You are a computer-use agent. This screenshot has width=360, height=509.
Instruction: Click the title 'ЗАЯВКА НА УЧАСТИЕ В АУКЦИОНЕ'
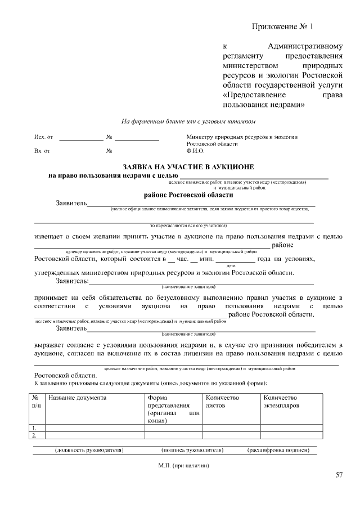[188, 167]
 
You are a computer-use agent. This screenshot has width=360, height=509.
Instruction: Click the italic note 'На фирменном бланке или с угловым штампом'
[188, 121]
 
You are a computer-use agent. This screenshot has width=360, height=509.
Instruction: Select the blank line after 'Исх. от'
[82, 137]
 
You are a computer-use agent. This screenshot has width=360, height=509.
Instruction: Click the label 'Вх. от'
[42, 151]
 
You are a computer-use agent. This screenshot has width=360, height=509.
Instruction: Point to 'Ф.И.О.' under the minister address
[195, 151]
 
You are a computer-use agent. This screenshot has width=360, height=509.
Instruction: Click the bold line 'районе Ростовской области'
[188, 195]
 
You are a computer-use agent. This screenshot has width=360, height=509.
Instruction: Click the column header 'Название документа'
[77, 398]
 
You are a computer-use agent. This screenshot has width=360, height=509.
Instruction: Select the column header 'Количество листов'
[223, 402]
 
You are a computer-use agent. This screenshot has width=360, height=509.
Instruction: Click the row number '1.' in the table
[35, 428]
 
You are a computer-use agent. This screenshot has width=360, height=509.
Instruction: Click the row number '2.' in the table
[35, 435]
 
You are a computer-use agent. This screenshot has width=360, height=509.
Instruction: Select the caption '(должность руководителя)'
[89, 451]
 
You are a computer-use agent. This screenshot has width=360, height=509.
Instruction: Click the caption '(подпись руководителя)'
[192, 451]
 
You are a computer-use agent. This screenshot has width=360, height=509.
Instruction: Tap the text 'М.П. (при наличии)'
[183, 466]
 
